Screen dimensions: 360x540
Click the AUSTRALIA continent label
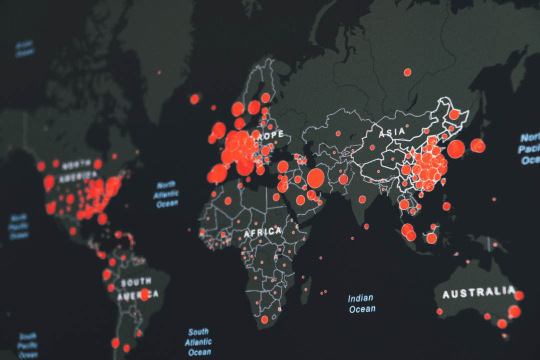[478, 292]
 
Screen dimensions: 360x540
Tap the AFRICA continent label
[262, 232]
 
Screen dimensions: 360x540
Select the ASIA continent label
[391, 133]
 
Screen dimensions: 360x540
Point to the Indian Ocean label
[361, 304]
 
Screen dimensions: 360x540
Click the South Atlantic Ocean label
[198, 342]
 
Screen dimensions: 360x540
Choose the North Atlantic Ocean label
[166, 194]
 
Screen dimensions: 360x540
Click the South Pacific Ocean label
[26, 344]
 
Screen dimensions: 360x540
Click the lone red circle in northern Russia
[407, 72]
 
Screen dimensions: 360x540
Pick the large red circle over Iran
[315, 178]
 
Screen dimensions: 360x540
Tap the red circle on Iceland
[194, 99]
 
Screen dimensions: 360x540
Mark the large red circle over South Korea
[455, 149]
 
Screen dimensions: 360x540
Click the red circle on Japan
[478, 146]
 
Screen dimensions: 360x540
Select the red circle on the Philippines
[446, 206]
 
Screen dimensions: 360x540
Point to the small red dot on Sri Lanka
[366, 226]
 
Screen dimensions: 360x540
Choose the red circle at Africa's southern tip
[264, 319]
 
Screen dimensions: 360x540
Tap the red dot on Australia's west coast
[439, 311]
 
